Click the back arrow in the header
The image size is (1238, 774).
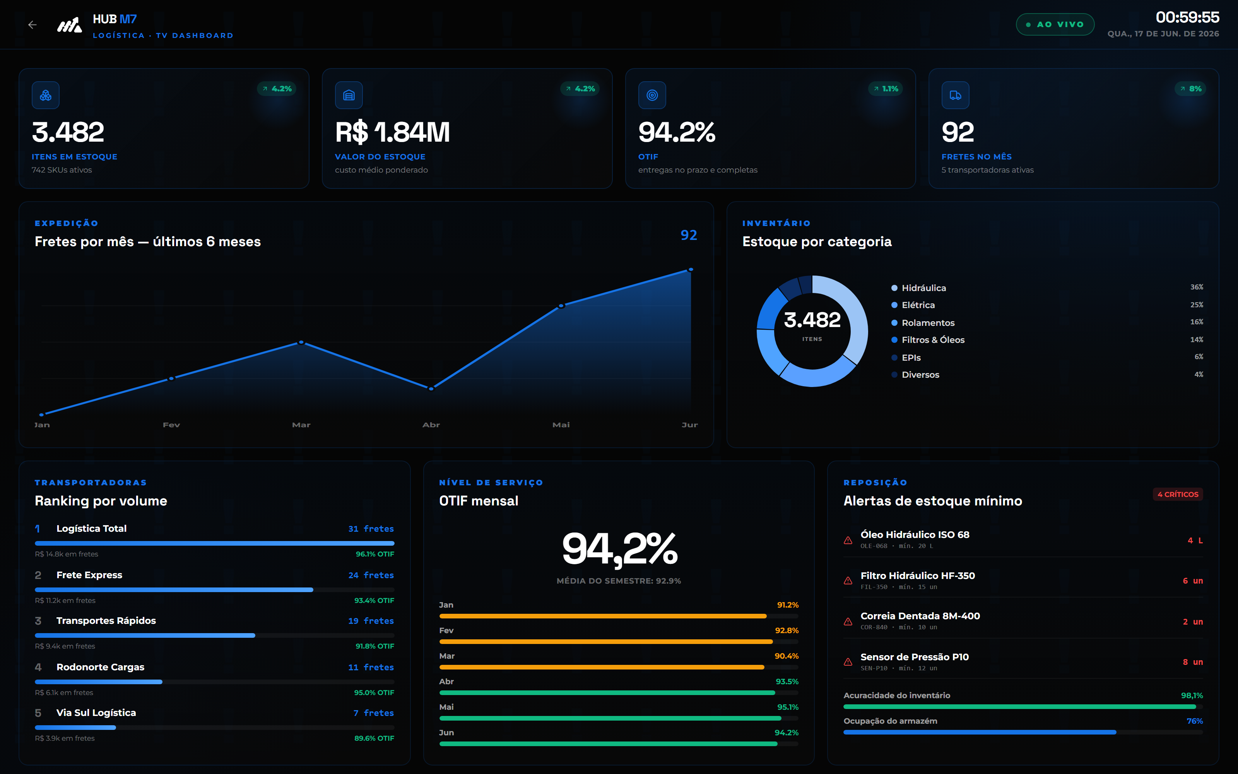pos(32,24)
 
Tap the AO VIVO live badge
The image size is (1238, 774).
pos(1055,24)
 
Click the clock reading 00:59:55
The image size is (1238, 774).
pos(1187,17)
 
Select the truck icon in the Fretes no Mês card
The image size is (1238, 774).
pos(955,95)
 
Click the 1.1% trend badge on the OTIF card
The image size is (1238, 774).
pos(886,89)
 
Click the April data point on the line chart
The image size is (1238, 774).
pos(431,389)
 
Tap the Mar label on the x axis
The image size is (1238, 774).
pos(301,425)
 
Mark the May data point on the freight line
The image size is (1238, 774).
pos(561,306)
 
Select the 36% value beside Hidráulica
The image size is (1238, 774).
pos(1197,287)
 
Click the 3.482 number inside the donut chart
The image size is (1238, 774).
pos(812,320)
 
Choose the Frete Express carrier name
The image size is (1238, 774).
pos(89,575)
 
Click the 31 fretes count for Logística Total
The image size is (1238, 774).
pos(371,529)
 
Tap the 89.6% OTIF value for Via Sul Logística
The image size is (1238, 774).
pos(374,738)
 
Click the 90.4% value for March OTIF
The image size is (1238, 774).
pos(786,656)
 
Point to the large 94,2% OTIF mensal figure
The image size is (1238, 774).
pos(619,549)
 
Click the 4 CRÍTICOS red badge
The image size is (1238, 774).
pos(1178,494)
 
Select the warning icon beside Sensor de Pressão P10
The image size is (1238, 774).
pos(848,662)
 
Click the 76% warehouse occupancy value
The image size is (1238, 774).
pos(1195,721)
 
